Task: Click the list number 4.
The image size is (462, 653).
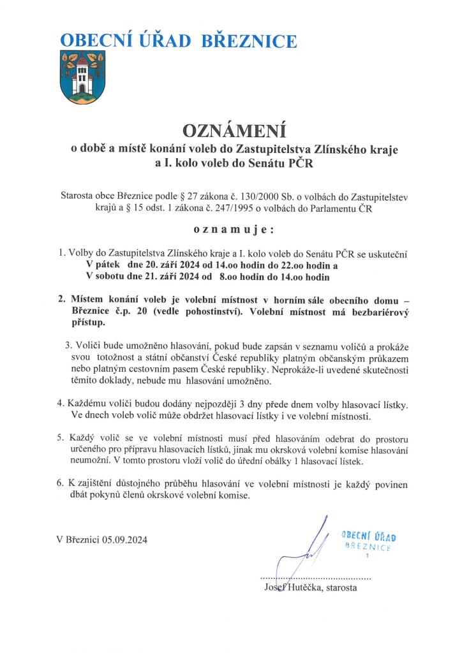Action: click(x=61, y=404)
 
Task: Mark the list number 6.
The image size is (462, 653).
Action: click(x=61, y=483)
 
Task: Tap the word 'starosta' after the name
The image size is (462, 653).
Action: click(x=339, y=587)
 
